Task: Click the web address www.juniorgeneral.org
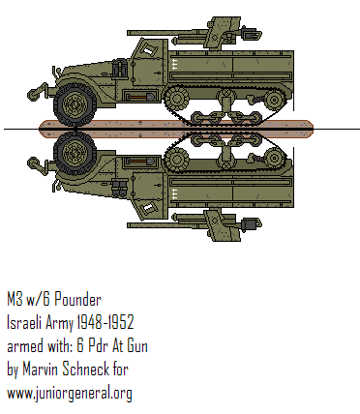point(70,394)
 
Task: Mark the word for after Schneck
point(139,370)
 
